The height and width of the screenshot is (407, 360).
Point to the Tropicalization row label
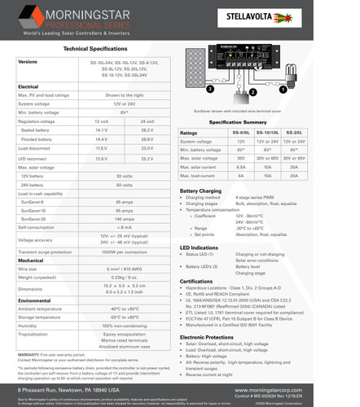[x=34, y=335]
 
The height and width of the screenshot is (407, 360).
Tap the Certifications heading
[x=196, y=279]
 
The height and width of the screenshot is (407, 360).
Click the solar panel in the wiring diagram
[x=197, y=72]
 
